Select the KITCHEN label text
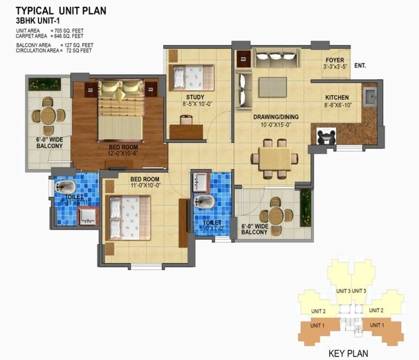click(337, 97)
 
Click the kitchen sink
click(370, 96)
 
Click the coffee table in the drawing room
click(271, 85)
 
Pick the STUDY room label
click(195, 97)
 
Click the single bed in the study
click(193, 76)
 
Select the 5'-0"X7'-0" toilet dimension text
click(212, 228)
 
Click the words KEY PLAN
click(348, 353)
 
